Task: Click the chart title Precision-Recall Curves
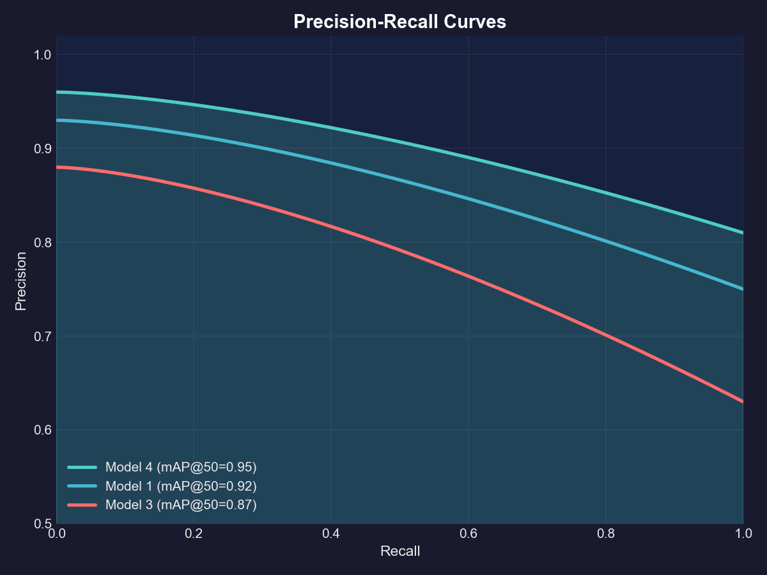(x=399, y=22)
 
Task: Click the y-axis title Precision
(x=21, y=281)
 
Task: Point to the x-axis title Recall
(x=400, y=551)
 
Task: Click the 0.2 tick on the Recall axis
(x=194, y=533)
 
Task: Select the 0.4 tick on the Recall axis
(x=331, y=533)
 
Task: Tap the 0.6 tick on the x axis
(x=469, y=533)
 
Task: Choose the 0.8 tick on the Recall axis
(x=606, y=533)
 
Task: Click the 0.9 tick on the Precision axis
(x=42, y=148)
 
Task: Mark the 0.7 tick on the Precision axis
(x=42, y=336)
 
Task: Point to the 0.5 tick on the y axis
(x=42, y=524)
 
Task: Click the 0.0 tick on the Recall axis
(x=57, y=533)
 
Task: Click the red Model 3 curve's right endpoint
(x=743, y=402)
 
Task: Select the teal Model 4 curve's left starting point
(x=57, y=92)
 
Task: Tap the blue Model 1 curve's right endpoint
(x=743, y=289)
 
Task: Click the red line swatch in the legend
(x=82, y=505)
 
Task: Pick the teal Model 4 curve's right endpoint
(x=743, y=233)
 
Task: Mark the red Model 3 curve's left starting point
(x=57, y=167)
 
